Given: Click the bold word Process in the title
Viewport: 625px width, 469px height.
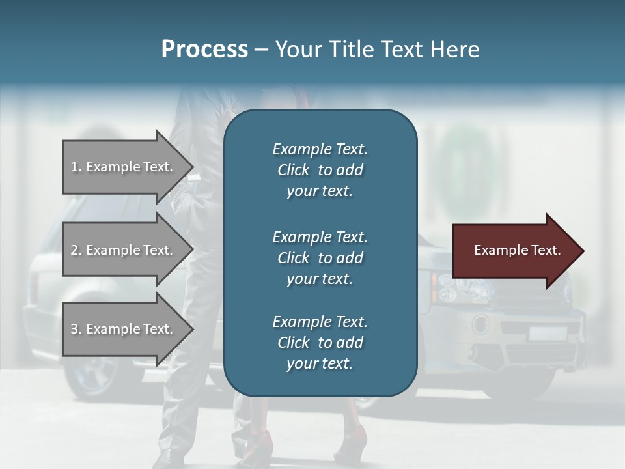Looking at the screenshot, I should point(204,49).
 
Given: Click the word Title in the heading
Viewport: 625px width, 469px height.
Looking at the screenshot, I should point(348,49).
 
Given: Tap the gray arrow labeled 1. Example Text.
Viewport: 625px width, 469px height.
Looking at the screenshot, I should point(124,167).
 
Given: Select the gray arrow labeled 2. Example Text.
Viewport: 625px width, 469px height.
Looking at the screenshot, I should point(124,250).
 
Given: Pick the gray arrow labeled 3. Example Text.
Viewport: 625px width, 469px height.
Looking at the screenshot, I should point(124,329).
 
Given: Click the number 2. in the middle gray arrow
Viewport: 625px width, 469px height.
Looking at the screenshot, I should point(76,250).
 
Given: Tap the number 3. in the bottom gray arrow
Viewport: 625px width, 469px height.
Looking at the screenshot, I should point(76,329).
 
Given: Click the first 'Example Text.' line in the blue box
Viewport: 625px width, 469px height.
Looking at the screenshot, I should point(320,149).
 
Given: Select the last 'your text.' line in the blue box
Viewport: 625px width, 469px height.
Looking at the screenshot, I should point(320,363).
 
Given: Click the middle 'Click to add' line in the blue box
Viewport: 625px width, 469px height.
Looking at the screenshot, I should point(320,258).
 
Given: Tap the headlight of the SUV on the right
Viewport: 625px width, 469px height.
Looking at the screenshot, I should point(456,290).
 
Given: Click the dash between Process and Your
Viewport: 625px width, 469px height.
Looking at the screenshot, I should point(261,50).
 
